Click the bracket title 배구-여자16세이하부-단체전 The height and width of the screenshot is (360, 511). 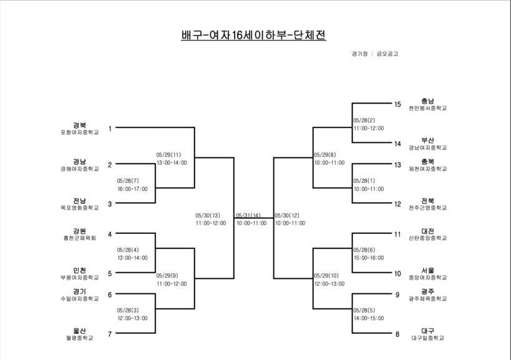coord(253,35)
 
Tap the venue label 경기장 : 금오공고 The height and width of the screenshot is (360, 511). coord(375,54)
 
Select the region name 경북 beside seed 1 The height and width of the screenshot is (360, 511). coord(79,125)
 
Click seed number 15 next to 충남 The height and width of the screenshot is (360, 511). coord(397,104)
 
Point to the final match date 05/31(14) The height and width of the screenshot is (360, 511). coord(248,215)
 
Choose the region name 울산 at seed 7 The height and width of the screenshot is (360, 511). coord(79,331)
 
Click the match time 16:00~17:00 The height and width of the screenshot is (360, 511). coord(133,189)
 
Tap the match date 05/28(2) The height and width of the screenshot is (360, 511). coord(364,120)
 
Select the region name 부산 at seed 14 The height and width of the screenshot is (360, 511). coord(427,140)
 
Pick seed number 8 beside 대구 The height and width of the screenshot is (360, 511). coord(397,334)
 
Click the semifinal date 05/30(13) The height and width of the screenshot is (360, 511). coord(208,215)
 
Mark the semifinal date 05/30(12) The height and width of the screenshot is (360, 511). coord(287,215)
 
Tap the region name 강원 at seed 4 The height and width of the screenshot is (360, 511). coord(79,231)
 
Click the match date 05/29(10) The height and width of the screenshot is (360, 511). coord(326,276)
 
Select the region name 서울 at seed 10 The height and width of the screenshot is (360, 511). coord(427,270)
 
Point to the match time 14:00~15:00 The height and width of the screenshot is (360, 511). coord(369,318)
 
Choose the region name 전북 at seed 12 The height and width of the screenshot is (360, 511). coord(427,201)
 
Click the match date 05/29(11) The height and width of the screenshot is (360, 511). coord(168,155)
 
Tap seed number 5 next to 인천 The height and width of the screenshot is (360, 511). coord(110,274)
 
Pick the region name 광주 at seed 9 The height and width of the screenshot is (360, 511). coord(427,291)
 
